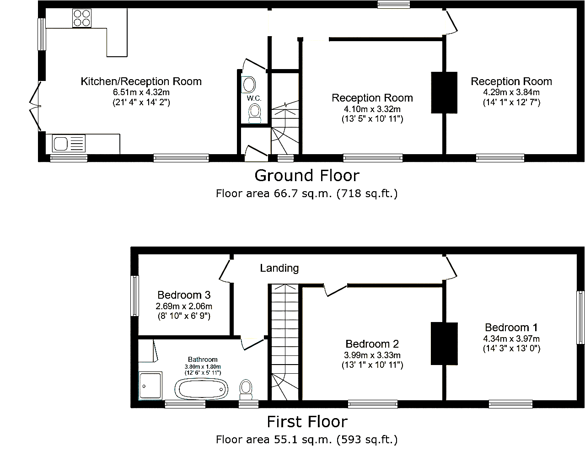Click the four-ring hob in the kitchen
82,18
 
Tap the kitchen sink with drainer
69,143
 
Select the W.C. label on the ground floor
254,98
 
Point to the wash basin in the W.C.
248,85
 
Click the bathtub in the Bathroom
201,389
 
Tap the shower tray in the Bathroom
150,386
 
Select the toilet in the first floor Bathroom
246,390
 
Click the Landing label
279,268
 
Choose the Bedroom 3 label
184,295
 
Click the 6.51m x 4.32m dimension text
141,92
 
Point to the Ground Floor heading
307,175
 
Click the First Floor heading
307,422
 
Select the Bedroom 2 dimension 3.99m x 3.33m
372,355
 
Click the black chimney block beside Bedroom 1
444,344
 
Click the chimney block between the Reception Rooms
444,92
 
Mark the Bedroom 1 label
511,328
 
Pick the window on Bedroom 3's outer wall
135,296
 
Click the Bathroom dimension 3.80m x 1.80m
203,367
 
